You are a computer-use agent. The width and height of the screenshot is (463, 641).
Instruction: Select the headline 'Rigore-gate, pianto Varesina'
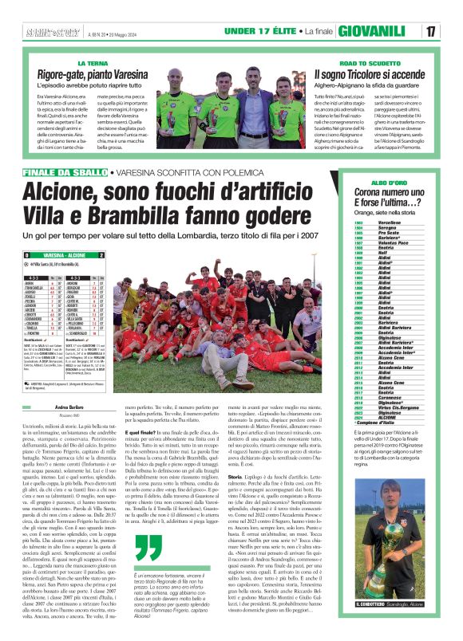119,73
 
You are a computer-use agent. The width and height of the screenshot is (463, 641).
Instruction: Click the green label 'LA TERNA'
93,62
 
